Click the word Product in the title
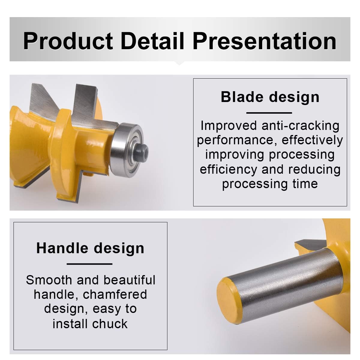pyautogui.click(x=68, y=41)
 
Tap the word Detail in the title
pyautogui.click(x=153, y=41)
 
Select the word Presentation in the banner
pyautogui.click(x=265, y=41)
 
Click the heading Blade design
pyautogui.click(x=270, y=97)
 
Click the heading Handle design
pyautogui.click(x=90, y=248)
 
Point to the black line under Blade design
pyautogui.click(x=269, y=113)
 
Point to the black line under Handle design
pyautogui.click(x=89, y=264)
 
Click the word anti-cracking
pyautogui.click(x=300, y=126)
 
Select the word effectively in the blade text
pyautogui.click(x=312, y=140)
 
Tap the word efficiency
pyautogui.click(x=229, y=169)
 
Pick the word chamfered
pyautogui.click(x=115, y=294)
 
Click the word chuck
pyautogui.click(x=110, y=324)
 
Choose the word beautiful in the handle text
pyautogui.click(x=129, y=280)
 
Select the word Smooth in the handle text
pyautogui.click(x=49, y=280)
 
